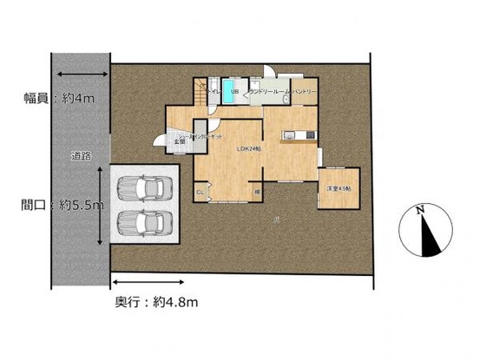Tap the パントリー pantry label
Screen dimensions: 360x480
304,90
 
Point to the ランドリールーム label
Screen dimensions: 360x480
270,90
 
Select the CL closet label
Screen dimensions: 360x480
200,191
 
